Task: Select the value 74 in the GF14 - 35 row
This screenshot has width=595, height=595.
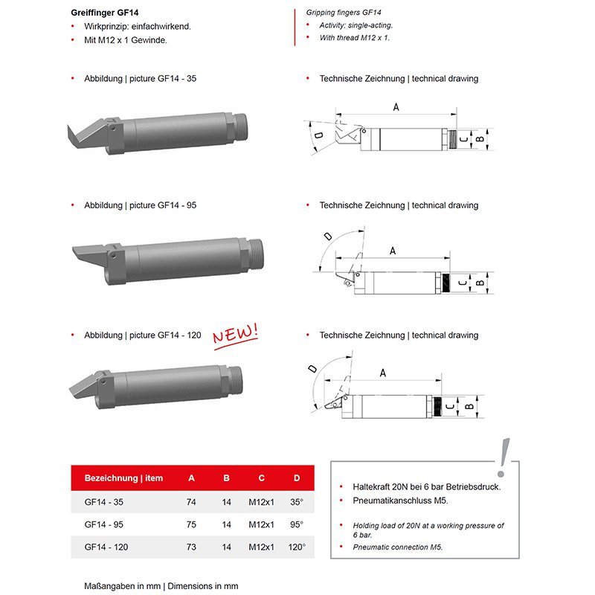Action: pos(191,502)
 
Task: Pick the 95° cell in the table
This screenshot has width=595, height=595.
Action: pos(297,524)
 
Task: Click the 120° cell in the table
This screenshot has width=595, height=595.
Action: pos(297,547)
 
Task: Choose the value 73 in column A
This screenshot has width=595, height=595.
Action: pos(191,547)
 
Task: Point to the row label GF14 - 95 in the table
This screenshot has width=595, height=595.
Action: pos(103,524)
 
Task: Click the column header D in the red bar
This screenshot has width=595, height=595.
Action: pos(297,477)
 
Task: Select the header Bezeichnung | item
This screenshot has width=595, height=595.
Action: pos(123,477)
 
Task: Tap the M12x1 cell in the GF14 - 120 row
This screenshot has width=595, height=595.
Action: pos(262,547)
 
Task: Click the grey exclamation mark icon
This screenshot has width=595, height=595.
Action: pos(504,454)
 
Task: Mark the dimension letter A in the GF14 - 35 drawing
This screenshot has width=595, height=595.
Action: pos(396,107)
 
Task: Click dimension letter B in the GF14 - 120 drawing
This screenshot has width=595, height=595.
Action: pos(469,407)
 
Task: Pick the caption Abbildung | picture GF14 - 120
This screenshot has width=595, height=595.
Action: pos(142,335)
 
